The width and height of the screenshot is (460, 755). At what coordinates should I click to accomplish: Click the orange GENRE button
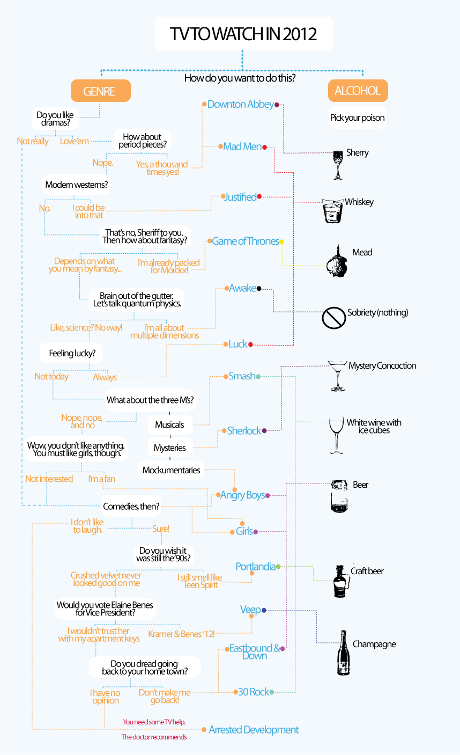click(x=101, y=91)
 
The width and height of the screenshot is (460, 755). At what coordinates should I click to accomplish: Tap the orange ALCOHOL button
click(x=358, y=91)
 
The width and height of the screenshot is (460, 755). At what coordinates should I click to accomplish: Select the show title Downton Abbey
click(x=241, y=105)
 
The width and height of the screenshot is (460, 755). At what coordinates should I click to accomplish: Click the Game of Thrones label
click(x=246, y=241)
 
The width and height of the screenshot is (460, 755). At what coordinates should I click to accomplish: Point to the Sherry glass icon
click(x=338, y=165)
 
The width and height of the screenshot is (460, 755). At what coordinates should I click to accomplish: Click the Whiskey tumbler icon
click(x=332, y=211)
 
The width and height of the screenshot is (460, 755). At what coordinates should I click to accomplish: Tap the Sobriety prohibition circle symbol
click(x=333, y=318)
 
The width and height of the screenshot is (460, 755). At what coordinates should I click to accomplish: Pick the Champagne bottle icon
click(x=343, y=653)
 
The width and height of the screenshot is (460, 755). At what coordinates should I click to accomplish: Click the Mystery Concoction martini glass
click(x=337, y=376)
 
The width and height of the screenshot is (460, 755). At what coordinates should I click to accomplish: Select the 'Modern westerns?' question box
click(x=77, y=185)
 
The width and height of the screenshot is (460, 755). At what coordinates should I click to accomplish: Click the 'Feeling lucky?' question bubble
click(x=71, y=353)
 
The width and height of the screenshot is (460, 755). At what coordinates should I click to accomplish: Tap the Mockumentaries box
click(x=171, y=470)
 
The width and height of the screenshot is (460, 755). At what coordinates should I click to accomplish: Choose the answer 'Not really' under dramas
click(x=33, y=141)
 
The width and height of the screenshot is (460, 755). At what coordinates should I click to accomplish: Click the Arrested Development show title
click(x=254, y=730)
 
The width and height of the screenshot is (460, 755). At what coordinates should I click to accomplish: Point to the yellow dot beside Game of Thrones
click(x=281, y=241)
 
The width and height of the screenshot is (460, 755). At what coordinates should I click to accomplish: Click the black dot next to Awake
click(x=259, y=289)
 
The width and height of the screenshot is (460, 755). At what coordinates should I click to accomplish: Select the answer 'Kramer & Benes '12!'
click(x=181, y=634)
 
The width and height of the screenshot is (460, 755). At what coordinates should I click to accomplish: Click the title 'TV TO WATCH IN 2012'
click(x=243, y=34)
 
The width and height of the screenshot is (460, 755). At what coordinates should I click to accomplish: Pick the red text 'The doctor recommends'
click(x=154, y=737)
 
